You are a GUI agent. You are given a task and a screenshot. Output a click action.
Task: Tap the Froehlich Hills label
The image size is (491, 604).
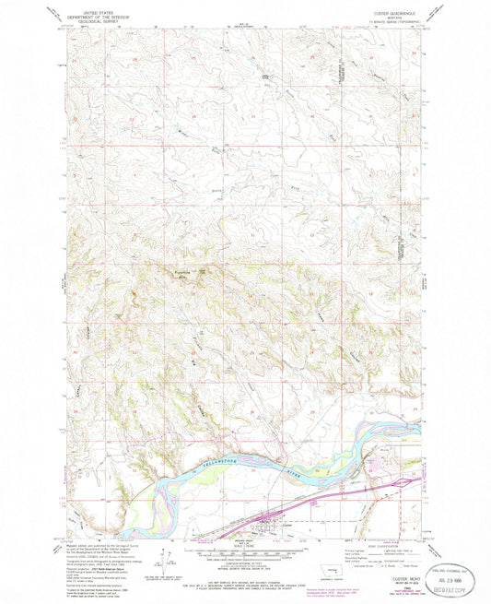(x=188, y=273)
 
